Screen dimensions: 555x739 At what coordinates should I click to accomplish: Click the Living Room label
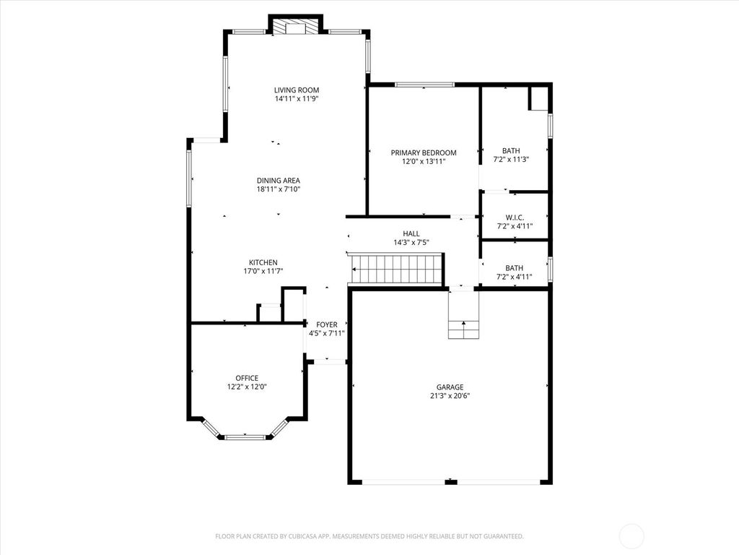(x=296, y=90)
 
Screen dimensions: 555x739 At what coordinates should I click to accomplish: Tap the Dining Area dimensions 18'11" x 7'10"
(x=278, y=189)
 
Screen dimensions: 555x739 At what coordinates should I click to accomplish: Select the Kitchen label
(x=263, y=262)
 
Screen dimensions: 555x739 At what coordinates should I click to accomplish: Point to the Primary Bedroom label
(x=424, y=152)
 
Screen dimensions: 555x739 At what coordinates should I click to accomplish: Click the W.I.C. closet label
(x=515, y=217)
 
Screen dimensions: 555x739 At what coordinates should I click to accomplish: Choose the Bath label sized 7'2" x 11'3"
(x=511, y=151)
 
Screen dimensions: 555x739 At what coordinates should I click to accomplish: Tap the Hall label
(x=411, y=233)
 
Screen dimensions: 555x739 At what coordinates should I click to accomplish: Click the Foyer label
(x=326, y=324)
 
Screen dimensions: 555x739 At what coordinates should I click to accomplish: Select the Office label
(x=246, y=378)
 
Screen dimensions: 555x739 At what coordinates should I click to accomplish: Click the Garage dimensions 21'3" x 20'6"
(x=449, y=396)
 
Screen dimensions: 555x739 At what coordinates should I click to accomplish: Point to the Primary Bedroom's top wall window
(x=424, y=85)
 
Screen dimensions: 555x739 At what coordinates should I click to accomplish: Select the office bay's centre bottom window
(x=245, y=436)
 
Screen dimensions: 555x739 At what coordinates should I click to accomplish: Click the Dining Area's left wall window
(x=189, y=177)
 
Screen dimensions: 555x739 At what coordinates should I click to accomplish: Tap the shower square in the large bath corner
(x=538, y=99)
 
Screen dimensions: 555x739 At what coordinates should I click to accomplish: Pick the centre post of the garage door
(x=451, y=481)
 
